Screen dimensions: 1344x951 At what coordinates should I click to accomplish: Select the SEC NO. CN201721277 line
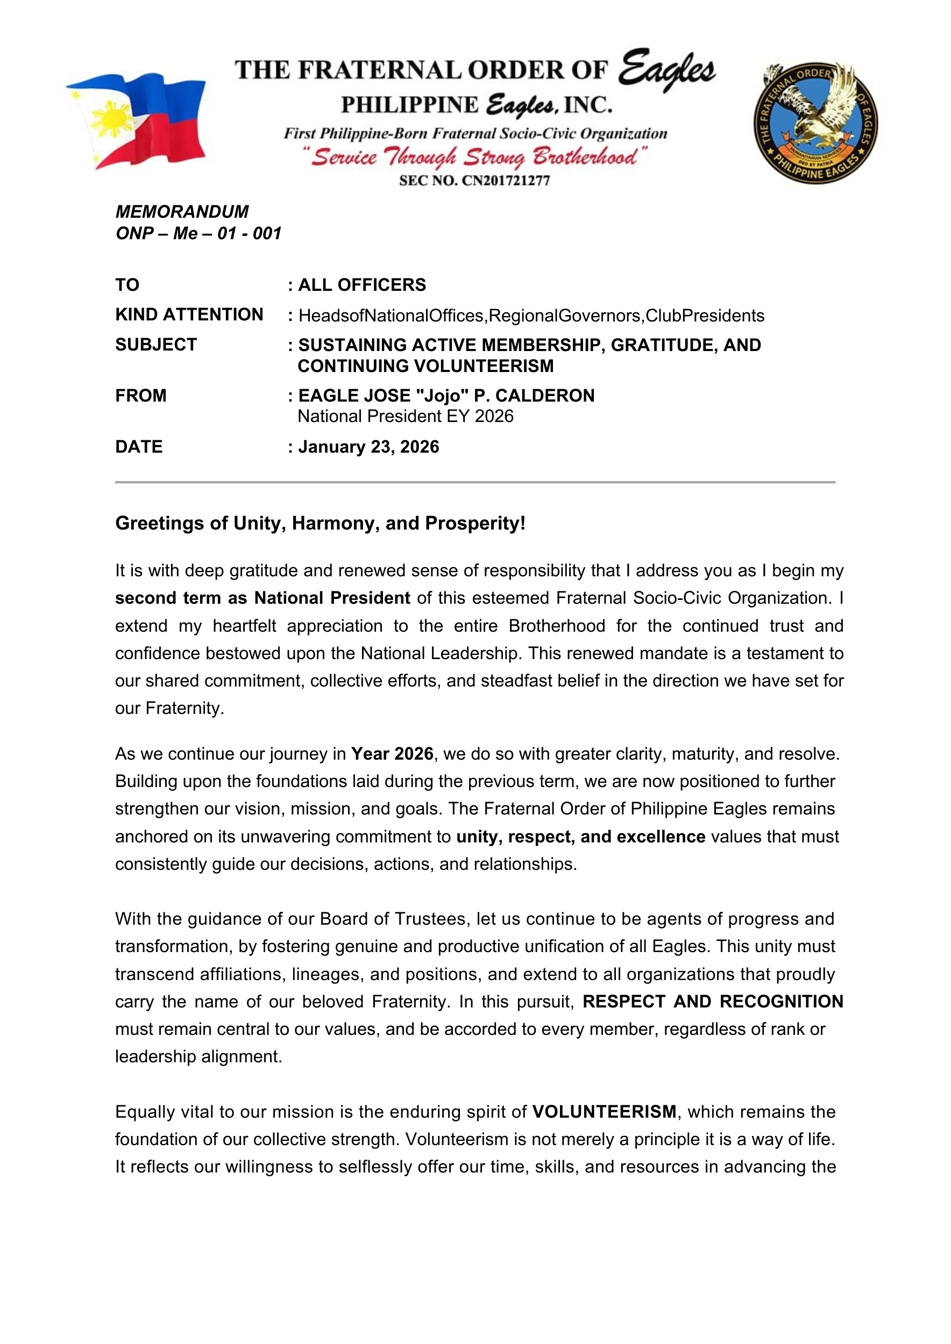(474, 181)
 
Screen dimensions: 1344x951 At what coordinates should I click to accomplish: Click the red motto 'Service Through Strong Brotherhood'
(474, 157)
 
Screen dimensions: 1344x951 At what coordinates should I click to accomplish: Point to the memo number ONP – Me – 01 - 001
(198, 233)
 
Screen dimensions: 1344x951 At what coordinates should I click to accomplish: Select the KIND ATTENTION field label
(189, 315)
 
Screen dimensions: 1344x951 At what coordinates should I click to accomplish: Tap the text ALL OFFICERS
(362, 285)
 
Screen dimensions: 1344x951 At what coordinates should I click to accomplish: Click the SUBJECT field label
(156, 345)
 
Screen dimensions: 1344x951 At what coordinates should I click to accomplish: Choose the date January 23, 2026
(368, 447)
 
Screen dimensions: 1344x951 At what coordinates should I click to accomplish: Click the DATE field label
(139, 447)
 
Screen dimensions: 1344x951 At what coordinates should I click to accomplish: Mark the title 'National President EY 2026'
(405, 417)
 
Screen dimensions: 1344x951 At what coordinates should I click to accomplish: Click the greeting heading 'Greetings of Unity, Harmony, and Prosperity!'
(321, 523)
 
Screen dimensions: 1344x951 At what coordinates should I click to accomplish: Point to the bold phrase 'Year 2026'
(392, 754)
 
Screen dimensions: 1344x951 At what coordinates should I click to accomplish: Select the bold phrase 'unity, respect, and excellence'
(580, 837)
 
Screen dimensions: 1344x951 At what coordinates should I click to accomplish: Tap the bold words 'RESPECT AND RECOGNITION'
(713, 1002)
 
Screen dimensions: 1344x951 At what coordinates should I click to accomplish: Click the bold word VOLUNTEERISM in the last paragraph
(605, 1112)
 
